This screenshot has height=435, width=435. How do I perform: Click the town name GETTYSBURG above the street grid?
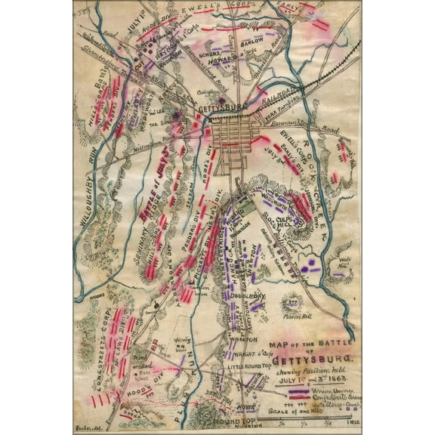click(221, 109)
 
